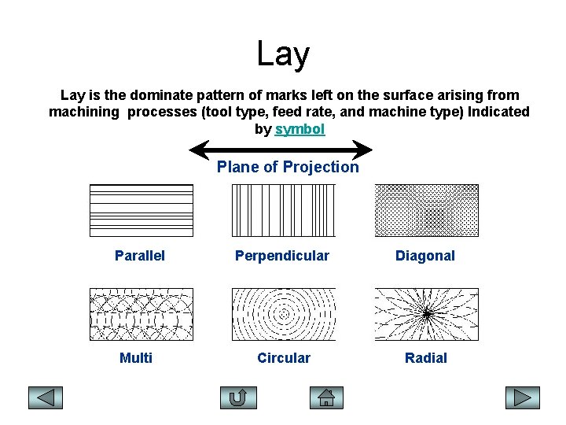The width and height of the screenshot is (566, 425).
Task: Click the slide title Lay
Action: click(283, 54)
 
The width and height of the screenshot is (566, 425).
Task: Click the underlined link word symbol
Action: click(300, 129)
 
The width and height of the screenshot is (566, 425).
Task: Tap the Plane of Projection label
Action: click(288, 167)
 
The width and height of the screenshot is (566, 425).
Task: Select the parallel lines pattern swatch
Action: click(141, 210)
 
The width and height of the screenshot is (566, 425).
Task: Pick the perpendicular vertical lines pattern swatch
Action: click(283, 210)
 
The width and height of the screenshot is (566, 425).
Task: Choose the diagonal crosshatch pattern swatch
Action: click(426, 210)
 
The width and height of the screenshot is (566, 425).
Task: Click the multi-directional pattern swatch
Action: click(141, 313)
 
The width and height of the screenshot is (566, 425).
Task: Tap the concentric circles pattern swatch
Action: click(283, 313)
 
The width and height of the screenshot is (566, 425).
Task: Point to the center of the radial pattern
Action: click(427, 314)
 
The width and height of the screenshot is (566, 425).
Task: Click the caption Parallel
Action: click(140, 256)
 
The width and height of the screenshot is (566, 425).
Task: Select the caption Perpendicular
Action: click(283, 256)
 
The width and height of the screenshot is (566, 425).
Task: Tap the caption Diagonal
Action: click(425, 256)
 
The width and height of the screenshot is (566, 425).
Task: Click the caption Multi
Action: click(136, 358)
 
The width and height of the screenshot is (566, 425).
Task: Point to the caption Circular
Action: click(284, 358)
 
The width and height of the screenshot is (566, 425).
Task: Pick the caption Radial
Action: click(425, 358)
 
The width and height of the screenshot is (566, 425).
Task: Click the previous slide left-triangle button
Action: click(46, 397)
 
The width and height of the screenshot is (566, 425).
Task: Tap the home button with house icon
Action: click(327, 397)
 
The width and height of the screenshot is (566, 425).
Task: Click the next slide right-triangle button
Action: click(522, 397)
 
